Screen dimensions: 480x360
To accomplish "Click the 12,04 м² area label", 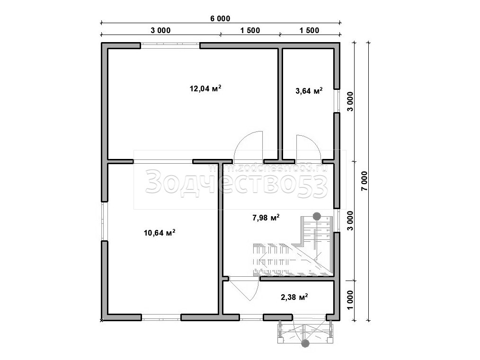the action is tap(205, 89).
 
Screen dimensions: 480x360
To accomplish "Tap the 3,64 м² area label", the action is tap(309, 91).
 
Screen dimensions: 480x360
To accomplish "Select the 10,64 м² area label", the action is tap(160, 233).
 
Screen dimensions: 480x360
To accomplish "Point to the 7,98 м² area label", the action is tap(266, 218).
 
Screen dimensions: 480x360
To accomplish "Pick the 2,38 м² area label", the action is tap(294, 297).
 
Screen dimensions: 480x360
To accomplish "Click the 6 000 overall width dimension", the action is tap(220, 18).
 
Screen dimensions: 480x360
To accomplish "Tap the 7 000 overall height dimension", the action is tap(364, 181).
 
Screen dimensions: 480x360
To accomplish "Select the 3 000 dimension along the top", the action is tap(160, 30).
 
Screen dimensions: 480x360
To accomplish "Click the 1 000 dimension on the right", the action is tap(350, 300).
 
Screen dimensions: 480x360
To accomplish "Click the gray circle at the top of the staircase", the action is tap(317, 216).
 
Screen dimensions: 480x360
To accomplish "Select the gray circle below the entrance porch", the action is tap(304, 343).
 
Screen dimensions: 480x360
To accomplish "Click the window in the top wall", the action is tap(170, 45).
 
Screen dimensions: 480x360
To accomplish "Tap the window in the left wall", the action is tap(105, 221).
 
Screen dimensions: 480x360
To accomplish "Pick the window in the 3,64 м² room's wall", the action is tap(337, 101).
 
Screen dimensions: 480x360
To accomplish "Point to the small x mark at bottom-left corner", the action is tap(101, 320).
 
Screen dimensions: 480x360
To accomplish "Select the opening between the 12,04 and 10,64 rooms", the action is tap(163, 161).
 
